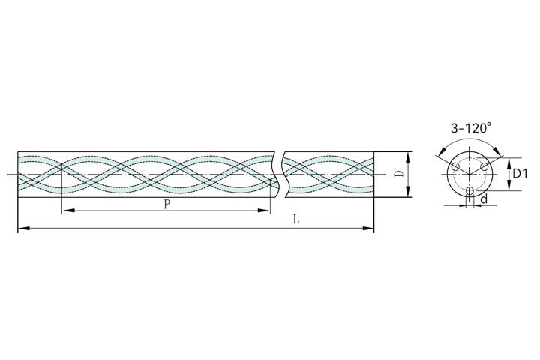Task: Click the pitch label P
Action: tap(166, 205)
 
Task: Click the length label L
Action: tap(295, 220)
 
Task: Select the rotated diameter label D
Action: tap(399, 174)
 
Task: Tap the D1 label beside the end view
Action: tap(520, 174)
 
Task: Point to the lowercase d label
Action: tap(484, 199)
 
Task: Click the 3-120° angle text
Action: tap(471, 128)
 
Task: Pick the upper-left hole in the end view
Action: tap(455, 166)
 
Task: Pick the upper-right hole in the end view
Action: tap(484, 166)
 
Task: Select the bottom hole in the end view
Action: tap(469, 190)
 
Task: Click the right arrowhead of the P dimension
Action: tap(265, 210)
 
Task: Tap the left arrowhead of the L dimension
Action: tap(22, 228)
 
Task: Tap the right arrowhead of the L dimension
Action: tap(368, 228)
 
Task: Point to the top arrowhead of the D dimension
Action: tap(408, 157)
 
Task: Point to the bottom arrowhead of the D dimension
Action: tap(408, 192)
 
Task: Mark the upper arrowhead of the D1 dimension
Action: tap(508, 162)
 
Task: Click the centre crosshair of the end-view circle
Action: tap(469, 175)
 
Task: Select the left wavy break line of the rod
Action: tap(275, 175)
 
